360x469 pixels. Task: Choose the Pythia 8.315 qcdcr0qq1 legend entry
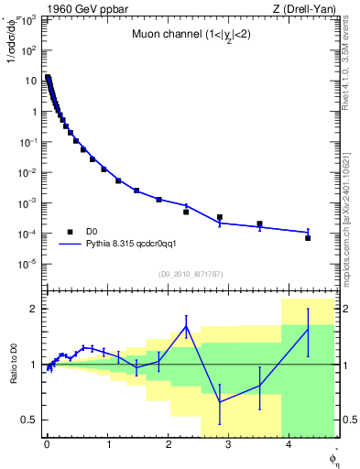click(x=137, y=245)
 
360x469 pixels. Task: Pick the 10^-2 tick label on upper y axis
click(x=29, y=172)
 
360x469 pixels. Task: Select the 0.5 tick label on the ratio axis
click(x=29, y=420)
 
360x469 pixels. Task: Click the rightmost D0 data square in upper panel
click(x=308, y=237)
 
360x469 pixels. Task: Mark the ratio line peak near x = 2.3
click(x=187, y=326)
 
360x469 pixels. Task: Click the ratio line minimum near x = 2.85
click(x=220, y=401)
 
